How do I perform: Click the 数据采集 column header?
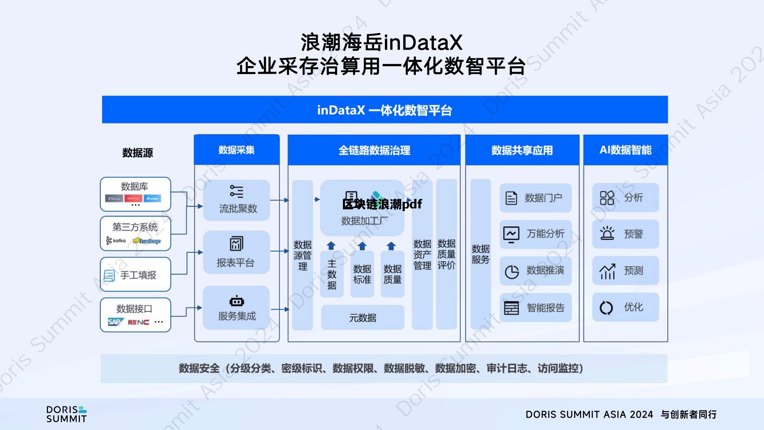tap(237, 150)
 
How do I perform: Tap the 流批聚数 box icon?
tap(237, 191)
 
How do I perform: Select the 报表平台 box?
tap(236, 252)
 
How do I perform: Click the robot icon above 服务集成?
tap(237, 302)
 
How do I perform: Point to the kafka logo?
tap(116, 240)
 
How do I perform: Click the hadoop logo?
tap(147, 241)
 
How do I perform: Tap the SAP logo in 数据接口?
tap(115, 322)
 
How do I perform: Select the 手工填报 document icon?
tap(109, 275)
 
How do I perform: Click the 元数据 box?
tap(363, 318)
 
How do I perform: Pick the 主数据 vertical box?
tap(332, 274)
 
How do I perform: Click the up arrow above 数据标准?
tap(362, 246)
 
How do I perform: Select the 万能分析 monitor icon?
tap(511, 234)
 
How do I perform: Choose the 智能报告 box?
tap(536, 308)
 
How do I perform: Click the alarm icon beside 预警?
tap(607, 234)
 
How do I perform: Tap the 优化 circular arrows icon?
tap(606, 308)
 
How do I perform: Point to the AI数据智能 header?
tap(626, 150)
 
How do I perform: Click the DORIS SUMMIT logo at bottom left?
tap(66, 414)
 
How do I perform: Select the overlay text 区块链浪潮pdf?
tap(382, 204)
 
